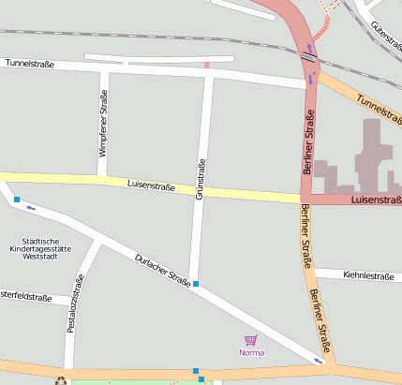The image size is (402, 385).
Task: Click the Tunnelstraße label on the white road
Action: click(x=29, y=65)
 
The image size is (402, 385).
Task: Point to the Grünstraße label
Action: click(x=200, y=180)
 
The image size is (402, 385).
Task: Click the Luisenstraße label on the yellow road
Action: click(x=151, y=185)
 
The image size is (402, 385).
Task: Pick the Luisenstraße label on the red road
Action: click(x=375, y=200)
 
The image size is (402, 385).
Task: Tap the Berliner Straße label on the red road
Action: click(x=308, y=141)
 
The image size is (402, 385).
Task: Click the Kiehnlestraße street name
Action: click(x=367, y=275)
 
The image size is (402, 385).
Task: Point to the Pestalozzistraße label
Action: click(x=76, y=304)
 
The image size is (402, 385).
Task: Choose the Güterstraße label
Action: click(x=384, y=35)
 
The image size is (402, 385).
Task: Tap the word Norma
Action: click(x=250, y=353)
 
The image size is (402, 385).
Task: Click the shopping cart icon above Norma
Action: click(x=250, y=340)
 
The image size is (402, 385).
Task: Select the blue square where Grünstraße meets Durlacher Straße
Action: click(x=196, y=283)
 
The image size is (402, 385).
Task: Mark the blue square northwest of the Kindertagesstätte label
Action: click(x=16, y=199)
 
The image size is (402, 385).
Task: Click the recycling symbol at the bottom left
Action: click(x=61, y=380)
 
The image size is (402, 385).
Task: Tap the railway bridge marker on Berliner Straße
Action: click(x=308, y=56)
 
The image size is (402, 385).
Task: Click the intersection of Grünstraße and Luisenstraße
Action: click(x=199, y=191)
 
